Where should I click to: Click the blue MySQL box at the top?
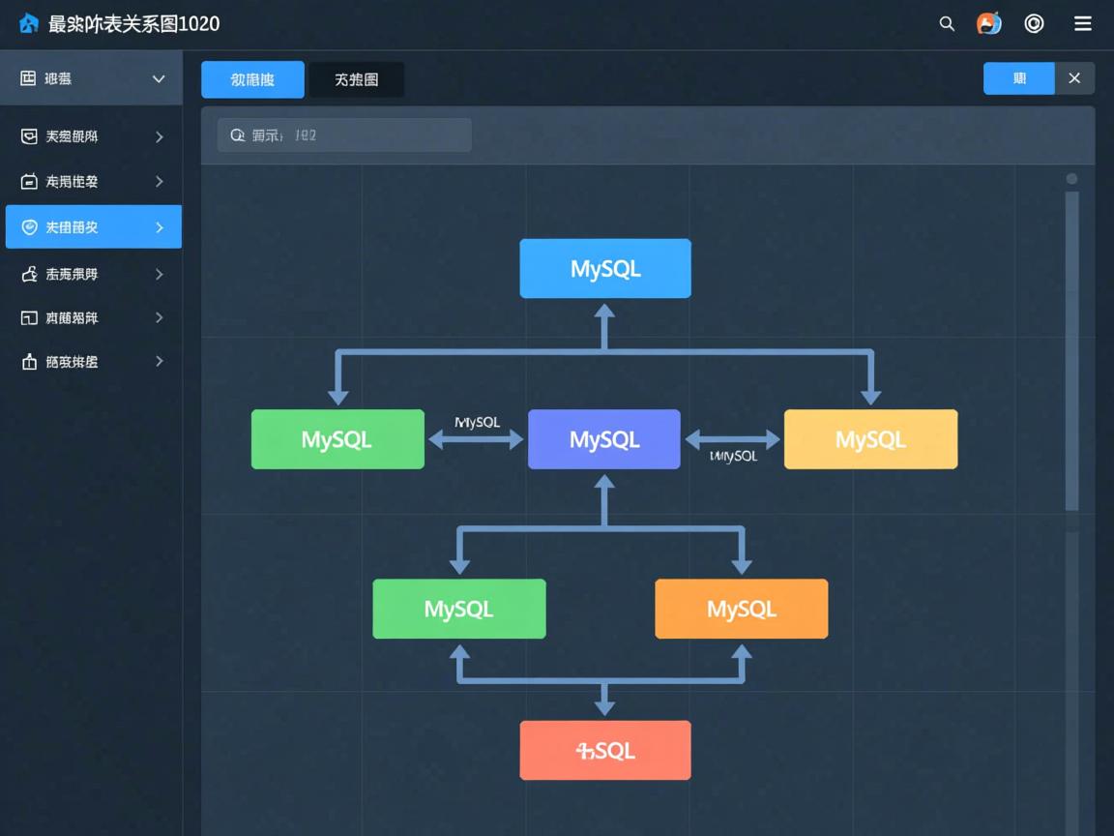(605, 268)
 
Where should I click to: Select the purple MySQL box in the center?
(604, 439)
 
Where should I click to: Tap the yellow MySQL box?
(870, 439)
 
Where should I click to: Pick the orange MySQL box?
(741, 609)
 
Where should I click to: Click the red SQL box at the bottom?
(605, 750)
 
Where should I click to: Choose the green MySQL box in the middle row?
(337, 439)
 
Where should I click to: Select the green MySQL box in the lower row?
(459, 609)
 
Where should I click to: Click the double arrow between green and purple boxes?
(476, 440)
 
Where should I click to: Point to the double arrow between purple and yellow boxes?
(732, 440)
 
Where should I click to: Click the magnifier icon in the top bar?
(947, 24)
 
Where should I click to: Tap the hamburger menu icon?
(1083, 24)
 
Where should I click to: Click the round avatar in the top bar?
(988, 24)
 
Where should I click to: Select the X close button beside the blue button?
(1074, 78)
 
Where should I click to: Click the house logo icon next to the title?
(29, 24)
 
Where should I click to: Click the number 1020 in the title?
(199, 24)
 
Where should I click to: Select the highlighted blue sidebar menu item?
(93, 227)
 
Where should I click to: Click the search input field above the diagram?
(344, 135)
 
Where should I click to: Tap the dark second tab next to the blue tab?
(356, 80)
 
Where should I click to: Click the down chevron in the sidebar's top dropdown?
(159, 79)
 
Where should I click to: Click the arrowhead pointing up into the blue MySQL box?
(604, 312)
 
